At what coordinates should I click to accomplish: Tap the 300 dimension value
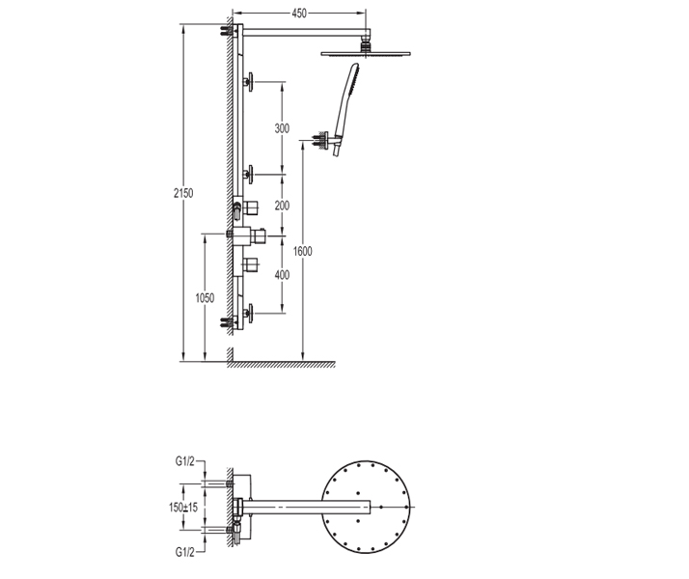[282, 129]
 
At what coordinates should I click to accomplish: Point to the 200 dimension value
[282, 206]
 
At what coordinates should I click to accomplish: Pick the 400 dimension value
[282, 275]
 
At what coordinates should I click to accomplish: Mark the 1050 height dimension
[205, 298]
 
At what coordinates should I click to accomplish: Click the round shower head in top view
[370, 507]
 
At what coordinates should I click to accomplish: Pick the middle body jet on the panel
[250, 175]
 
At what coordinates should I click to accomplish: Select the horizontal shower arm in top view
[309, 507]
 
